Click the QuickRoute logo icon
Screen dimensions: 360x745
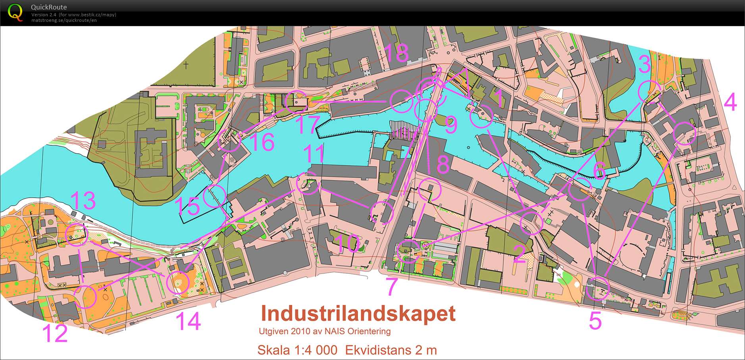15,12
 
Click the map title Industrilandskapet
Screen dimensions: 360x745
358,314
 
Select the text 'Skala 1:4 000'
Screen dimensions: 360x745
297,350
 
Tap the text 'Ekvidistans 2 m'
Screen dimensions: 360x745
391,350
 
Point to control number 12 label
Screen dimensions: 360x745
55,333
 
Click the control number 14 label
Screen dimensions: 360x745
188,321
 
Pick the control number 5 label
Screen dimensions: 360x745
595,320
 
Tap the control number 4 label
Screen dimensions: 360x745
730,102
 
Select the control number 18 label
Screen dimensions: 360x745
396,53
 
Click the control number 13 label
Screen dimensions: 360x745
83,200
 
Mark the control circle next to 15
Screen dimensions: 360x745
214,196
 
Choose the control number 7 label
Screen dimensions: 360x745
392,287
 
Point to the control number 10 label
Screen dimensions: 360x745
347,243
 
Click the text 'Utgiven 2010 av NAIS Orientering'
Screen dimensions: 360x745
325,331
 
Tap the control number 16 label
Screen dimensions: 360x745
262,142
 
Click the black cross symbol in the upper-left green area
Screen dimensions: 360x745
187,65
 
